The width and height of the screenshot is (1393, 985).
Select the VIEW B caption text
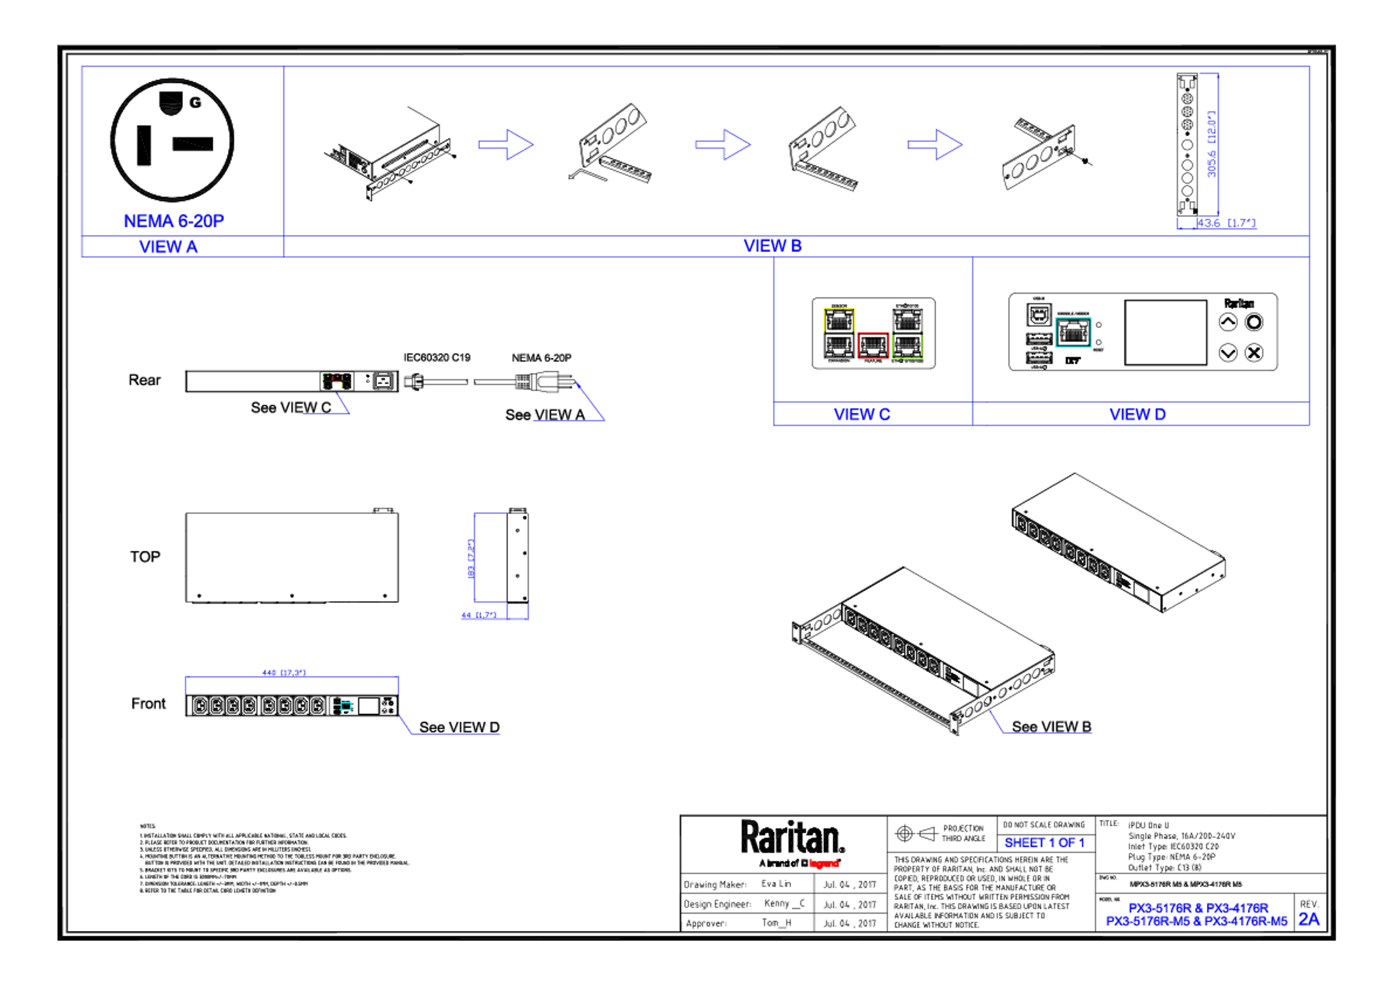pos(772,246)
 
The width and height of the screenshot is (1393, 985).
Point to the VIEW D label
pos(1138,415)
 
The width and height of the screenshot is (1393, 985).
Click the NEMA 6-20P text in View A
pos(173,221)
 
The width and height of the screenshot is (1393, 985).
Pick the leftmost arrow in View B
pos(506,144)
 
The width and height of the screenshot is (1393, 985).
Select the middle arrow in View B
pos(723,144)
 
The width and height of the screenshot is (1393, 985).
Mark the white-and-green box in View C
pos(907,333)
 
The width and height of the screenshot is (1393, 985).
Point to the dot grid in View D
pos(1039,349)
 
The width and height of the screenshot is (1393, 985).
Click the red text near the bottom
pos(824,863)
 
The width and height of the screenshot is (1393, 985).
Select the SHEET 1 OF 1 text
pos(1044,843)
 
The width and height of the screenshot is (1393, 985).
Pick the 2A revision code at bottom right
pos(1309,920)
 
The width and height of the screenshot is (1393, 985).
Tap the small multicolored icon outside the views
pos(337,381)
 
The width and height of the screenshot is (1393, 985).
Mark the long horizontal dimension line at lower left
pos(292,675)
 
